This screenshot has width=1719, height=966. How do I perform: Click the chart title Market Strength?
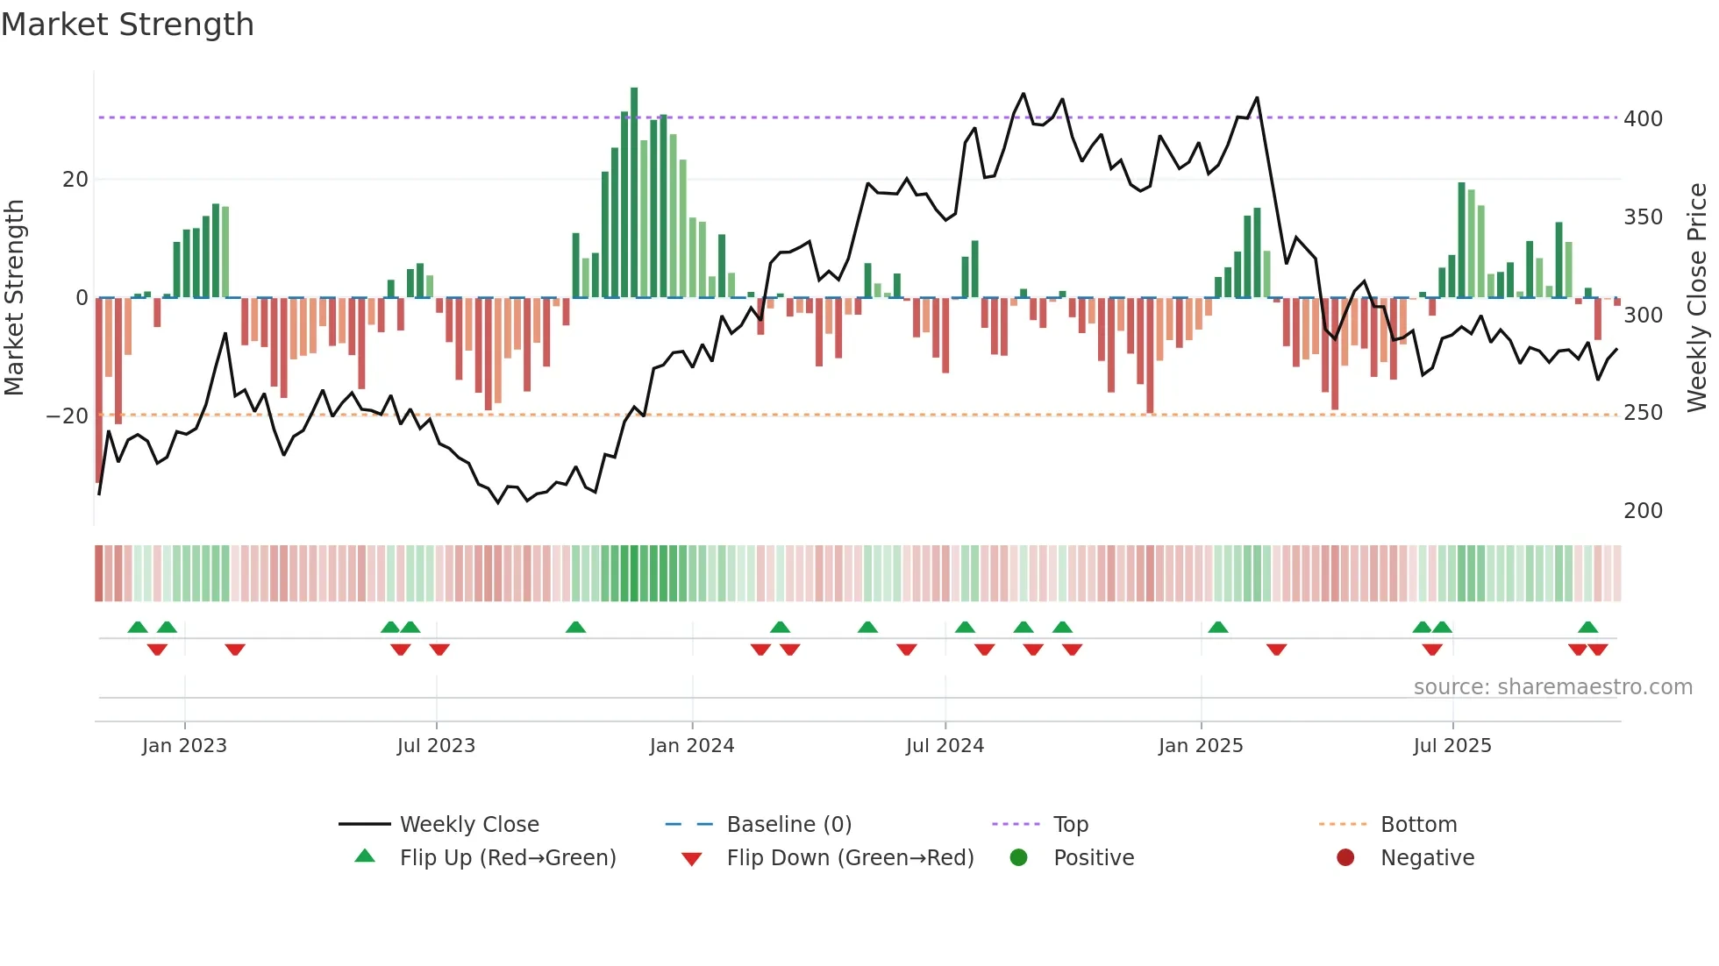tap(127, 25)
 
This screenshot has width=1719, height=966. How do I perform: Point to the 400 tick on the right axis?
tap(1643, 118)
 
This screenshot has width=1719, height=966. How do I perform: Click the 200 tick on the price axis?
tap(1643, 510)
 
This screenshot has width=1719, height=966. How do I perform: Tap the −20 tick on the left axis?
tap(68, 416)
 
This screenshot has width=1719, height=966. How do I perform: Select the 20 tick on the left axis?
tap(75, 180)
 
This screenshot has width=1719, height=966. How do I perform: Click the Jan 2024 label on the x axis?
tap(691, 746)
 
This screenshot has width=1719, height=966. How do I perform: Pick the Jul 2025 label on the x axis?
tap(1452, 746)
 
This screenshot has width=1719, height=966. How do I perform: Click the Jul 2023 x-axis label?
tap(436, 746)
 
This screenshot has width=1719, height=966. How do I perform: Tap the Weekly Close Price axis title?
tap(1697, 298)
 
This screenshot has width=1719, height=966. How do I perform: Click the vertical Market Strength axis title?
tap(15, 298)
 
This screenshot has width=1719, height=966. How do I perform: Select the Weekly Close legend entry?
tap(468, 825)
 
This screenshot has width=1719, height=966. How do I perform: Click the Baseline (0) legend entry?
tap(788, 825)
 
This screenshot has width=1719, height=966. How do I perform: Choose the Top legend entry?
tap(1070, 825)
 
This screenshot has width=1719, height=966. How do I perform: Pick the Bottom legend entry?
tap(1418, 825)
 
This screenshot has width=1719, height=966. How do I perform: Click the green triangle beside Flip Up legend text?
tap(365, 856)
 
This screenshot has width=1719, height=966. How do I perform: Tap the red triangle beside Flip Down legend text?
tap(691, 859)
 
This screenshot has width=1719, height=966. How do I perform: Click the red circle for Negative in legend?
tap(1345, 857)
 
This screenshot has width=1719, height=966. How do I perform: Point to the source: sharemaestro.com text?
tap(1552, 687)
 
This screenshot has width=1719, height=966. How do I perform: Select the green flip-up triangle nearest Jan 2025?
tap(1217, 627)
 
